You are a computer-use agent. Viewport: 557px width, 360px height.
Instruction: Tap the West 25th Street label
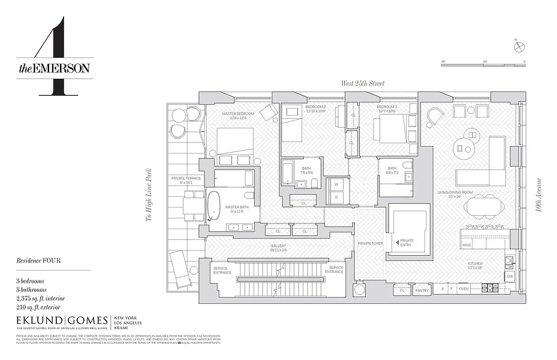[362, 83]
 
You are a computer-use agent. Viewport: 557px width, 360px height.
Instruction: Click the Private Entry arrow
[397, 243]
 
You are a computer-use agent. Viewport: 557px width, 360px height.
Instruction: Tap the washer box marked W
[335, 184]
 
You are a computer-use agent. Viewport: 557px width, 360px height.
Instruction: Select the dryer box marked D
[335, 197]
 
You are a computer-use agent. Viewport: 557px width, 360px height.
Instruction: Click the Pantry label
[422, 291]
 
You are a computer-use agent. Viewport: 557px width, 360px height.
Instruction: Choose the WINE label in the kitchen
[466, 245]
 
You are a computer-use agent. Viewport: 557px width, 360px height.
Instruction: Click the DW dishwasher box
[510, 276]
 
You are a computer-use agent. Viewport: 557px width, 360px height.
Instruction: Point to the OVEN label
[463, 289]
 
